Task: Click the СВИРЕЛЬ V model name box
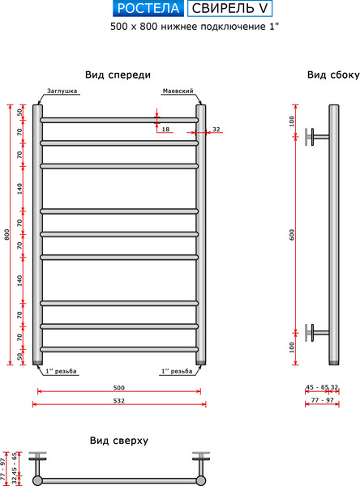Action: pyautogui.click(x=229, y=10)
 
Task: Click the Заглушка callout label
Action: pyautogui.click(x=62, y=92)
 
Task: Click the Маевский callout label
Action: pyautogui.click(x=178, y=92)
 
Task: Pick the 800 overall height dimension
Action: pyautogui.click(x=7, y=235)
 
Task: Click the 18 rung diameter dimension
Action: pyautogui.click(x=165, y=130)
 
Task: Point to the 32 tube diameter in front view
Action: pyautogui.click(x=216, y=130)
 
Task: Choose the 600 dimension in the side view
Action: pyautogui.click(x=292, y=235)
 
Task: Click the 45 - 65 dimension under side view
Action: pyautogui.click(x=317, y=387)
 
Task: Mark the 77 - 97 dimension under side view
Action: pyautogui.click(x=323, y=399)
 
